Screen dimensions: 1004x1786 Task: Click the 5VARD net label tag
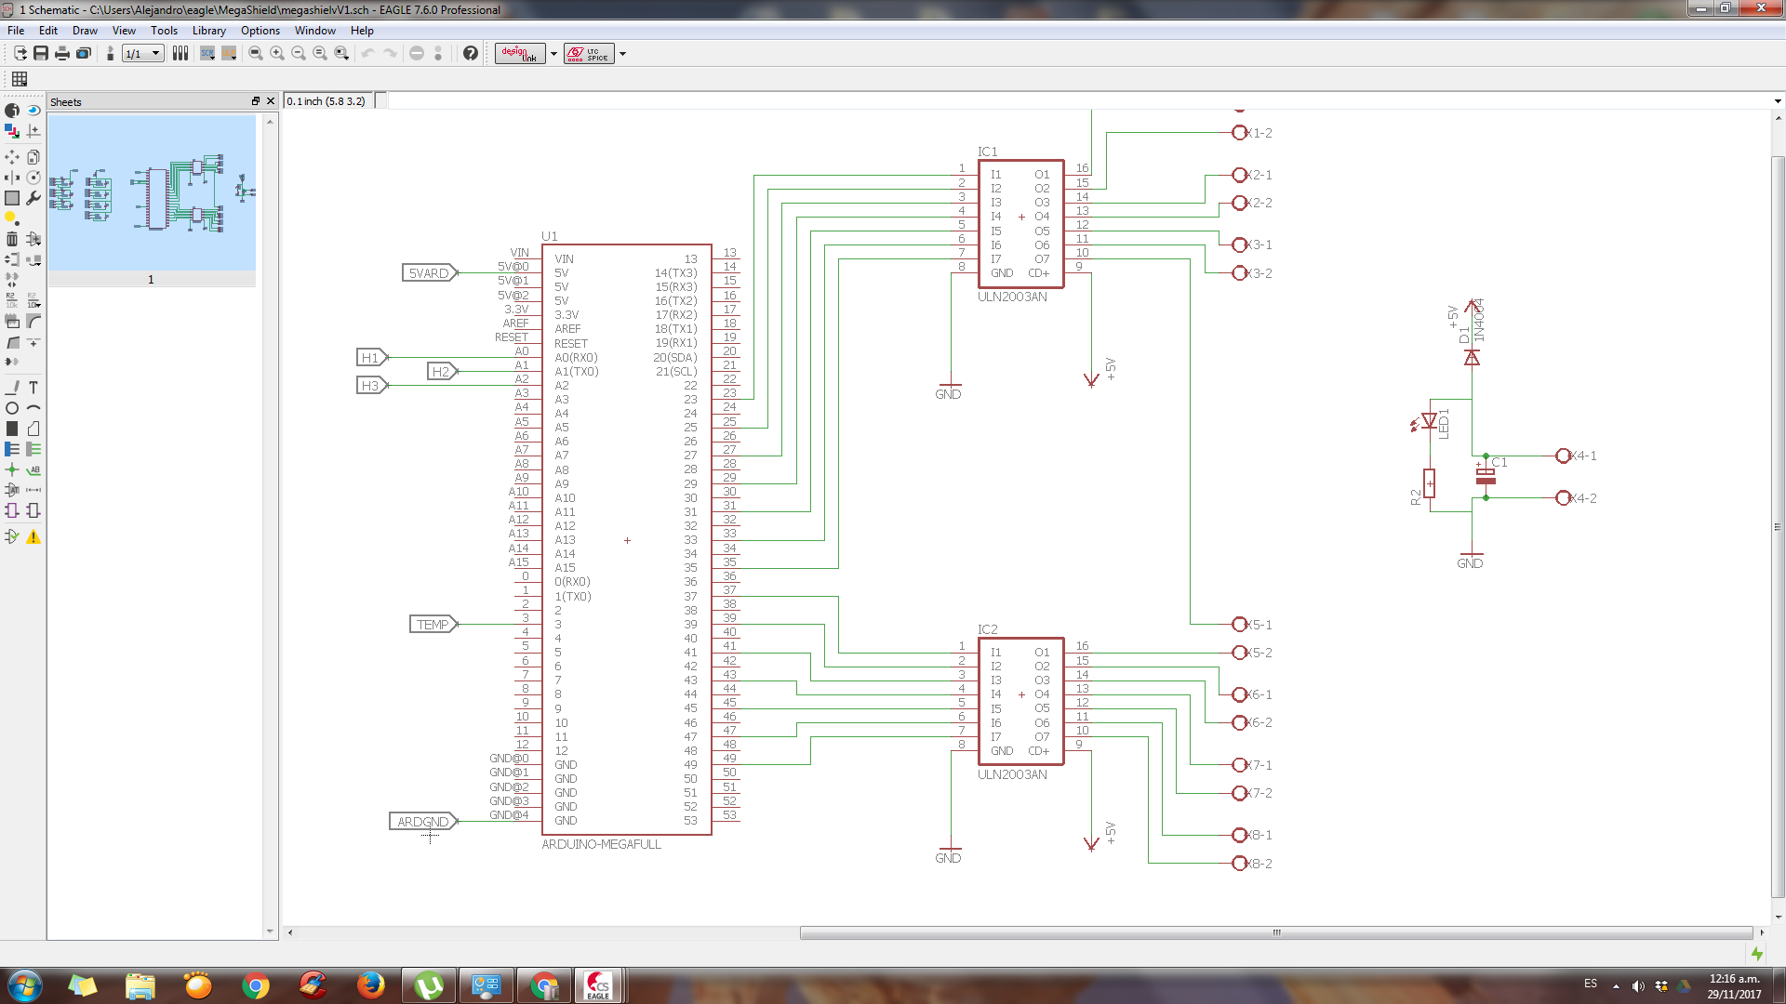pyautogui.click(x=429, y=273)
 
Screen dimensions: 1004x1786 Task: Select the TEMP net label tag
pyautogui.click(x=433, y=625)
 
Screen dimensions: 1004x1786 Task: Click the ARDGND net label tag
pyautogui.click(x=422, y=822)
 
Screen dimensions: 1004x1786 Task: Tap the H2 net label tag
pyautogui.click(x=441, y=372)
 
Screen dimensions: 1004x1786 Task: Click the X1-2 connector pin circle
pyautogui.click(x=1239, y=133)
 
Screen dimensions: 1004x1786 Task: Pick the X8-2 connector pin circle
pyautogui.click(x=1239, y=864)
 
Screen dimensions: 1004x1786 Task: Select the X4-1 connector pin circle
pyautogui.click(x=1563, y=456)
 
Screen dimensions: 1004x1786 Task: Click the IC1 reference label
pyautogui.click(x=987, y=152)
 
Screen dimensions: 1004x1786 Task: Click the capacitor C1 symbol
pyautogui.click(x=1486, y=476)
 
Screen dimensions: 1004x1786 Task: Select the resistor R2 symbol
pyautogui.click(x=1429, y=483)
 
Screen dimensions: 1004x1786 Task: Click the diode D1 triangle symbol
pyautogui.click(x=1472, y=358)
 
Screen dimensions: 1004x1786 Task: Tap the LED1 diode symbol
pyautogui.click(x=1429, y=421)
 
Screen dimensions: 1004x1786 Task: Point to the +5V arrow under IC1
pyautogui.click(x=1091, y=378)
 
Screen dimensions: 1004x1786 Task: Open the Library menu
pyautogui.click(x=208, y=31)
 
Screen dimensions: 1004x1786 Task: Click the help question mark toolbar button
pyautogui.click(x=471, y=54)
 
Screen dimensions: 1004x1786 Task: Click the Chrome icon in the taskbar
pyautogui.click(x=255, y=985)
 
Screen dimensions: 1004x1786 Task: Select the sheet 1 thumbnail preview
pyautogui.click(x=152, y=193)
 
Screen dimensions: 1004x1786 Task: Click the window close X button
pyautogui.click(x=1761, y=8)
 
